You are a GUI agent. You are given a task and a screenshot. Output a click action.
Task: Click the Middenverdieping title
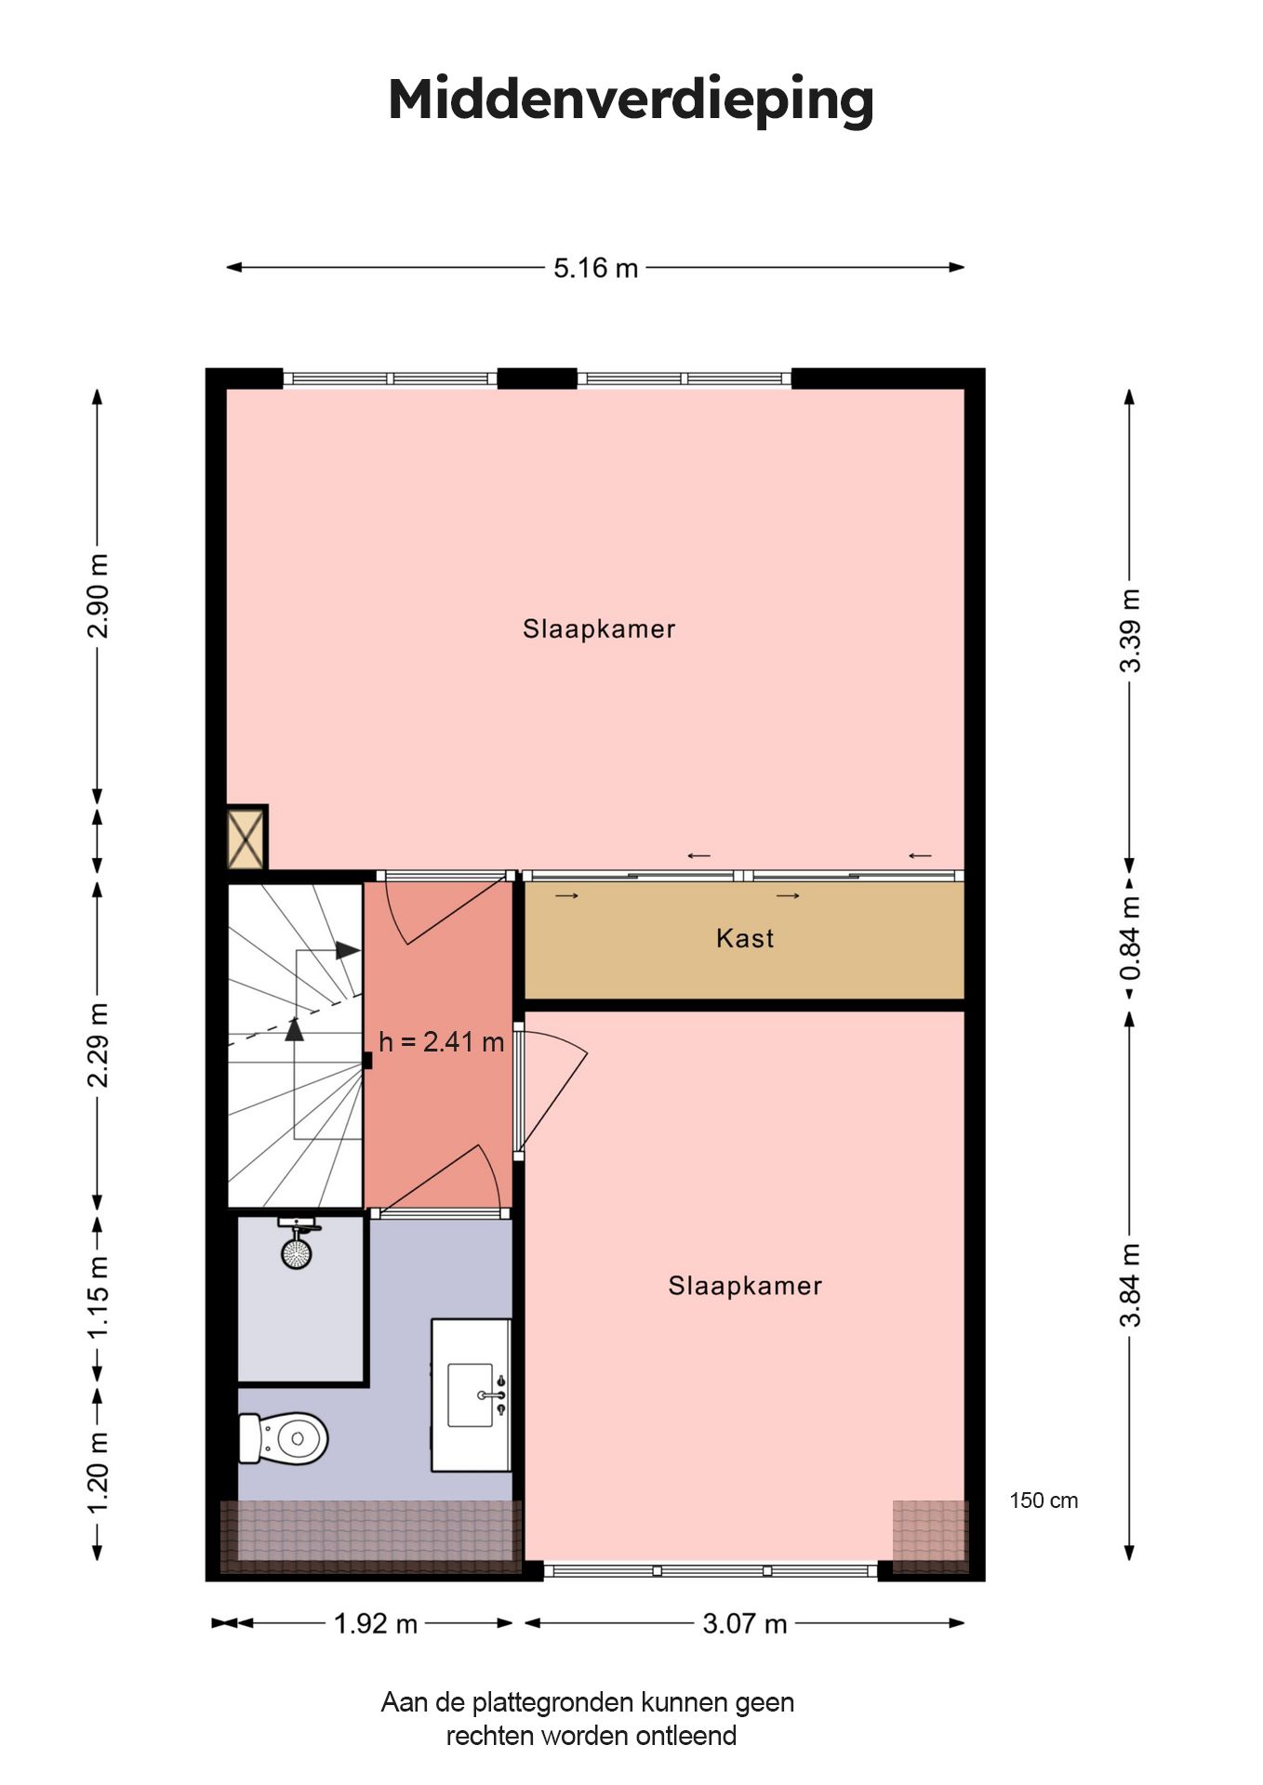tap(631, 100)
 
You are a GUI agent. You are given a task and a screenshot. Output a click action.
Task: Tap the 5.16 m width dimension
tap(596, 268)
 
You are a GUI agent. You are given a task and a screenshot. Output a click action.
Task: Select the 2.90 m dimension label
tap(98, 596)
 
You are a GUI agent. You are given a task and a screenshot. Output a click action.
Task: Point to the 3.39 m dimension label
tap(1130, 630)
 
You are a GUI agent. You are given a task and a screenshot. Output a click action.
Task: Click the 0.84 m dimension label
tap(1130, 937)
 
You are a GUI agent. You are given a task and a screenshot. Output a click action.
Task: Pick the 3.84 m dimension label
tap(1130, 1286)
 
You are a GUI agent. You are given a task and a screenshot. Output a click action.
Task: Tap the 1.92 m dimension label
tap(376, 1623)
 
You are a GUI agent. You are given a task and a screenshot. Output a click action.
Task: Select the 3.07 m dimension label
tap(745, 1623)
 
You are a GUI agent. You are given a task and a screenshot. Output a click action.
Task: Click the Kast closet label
tap(745, 938)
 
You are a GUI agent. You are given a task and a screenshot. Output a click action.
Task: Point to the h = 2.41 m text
tap(442, 1042)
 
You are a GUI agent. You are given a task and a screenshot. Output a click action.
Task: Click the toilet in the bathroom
tap(284, 1438)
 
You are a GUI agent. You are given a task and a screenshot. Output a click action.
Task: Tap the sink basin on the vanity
tap(471, 1395)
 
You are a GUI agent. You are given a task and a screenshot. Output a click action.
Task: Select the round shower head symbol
tap(297, 1252)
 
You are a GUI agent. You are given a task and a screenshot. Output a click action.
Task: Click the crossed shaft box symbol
tap(247, 838)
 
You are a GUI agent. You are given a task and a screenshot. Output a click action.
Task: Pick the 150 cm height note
tap(1044, 1501)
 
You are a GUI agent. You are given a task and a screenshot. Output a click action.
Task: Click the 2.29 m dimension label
tap(98, 1045)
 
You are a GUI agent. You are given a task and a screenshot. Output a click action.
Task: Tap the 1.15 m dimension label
tap(98, 1297)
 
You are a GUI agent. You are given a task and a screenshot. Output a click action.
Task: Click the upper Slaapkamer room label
tap(599, 629)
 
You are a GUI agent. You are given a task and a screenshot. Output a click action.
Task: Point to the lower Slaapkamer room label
tap(745, 1287)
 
